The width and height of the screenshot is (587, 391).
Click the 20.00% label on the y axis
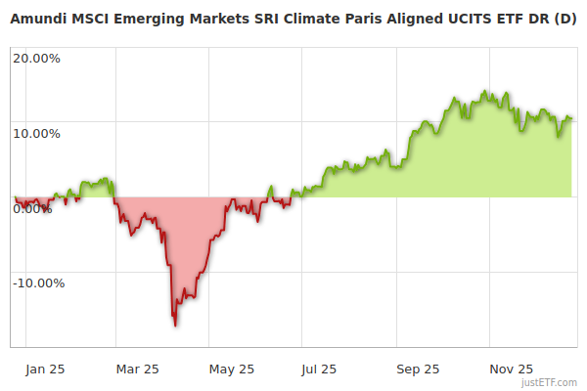pyautogui.click(x=36, y=58)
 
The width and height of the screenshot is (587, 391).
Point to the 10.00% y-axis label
pyautogui.click(x=36, y=133)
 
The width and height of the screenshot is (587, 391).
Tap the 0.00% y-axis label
pyautogui.click(x=33, y=208)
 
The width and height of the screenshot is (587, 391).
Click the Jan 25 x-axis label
pyautogui.click(x=45, y=369)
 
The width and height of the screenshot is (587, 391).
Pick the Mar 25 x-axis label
pyautogui.click(x=137, y=369)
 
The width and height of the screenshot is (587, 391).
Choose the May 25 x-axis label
pyautogui.click(x=232, y=369)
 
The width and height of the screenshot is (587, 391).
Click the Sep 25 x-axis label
pyautogui.click(x=418, y=369)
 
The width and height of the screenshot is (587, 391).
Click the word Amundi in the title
pyautogui.click(x=40, y=20)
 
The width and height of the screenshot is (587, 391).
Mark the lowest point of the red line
pyautogui.click(x=175, y=326)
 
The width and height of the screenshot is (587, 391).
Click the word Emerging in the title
pyautogui.click(x=157, y=20)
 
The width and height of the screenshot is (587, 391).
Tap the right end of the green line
pyautogui.click(x=571, y=118)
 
